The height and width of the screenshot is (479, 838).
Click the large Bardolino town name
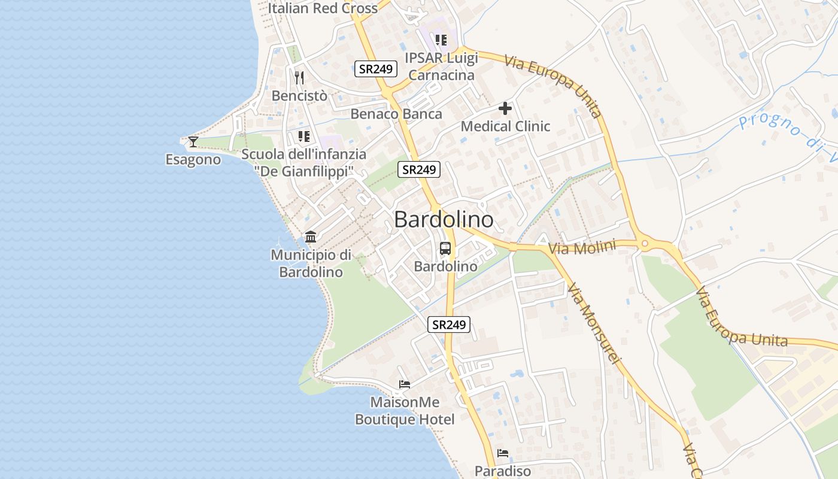(444, 219)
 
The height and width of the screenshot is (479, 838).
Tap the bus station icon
(445, 248)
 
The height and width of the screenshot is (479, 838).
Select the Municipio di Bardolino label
(311, 263)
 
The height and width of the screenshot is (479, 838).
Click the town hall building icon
(311, 237)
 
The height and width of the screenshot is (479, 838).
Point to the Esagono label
(193, 160)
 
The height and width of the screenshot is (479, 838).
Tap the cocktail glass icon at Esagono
(193, 142)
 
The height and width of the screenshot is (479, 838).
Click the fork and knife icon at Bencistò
(299, 77)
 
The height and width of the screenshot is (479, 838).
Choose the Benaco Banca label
(396, 114)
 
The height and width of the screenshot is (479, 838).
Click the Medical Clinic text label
(505, 126)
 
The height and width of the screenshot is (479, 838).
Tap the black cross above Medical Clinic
(505, 108)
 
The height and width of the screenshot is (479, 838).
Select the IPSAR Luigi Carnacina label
(441, 66)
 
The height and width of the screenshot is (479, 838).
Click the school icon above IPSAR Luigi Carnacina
(441, 40)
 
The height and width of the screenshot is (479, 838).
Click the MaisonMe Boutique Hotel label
(405, 411)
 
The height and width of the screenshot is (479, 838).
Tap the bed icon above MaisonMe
(405, 384)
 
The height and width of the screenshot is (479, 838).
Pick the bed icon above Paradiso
(503, 453)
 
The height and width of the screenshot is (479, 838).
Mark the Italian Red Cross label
(323, 8)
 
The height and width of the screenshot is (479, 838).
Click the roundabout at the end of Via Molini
(644, 244)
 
